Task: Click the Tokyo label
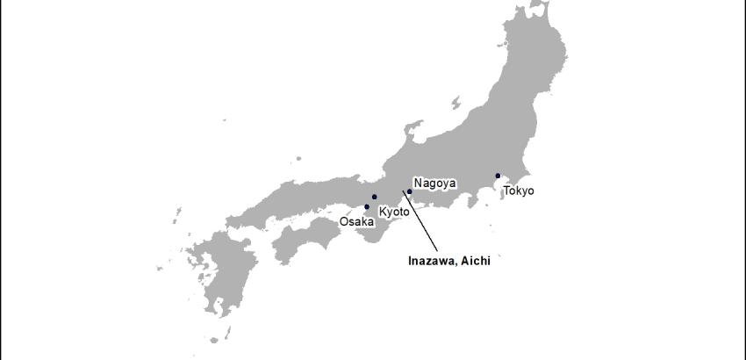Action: point(518,191)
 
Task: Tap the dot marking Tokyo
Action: point(498,176)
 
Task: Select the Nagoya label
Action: point(434,184)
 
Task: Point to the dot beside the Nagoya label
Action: point(409,191)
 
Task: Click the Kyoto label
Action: point(394,212)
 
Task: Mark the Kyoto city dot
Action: point(375,197)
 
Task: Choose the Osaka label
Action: point(356,222)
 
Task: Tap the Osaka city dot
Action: point(367,207)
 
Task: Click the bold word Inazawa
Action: point(430,261)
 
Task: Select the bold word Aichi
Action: point(473,261)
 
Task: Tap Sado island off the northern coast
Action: point(455,103)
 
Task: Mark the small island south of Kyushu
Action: point(227,332)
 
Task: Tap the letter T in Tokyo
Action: point(506,191)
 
